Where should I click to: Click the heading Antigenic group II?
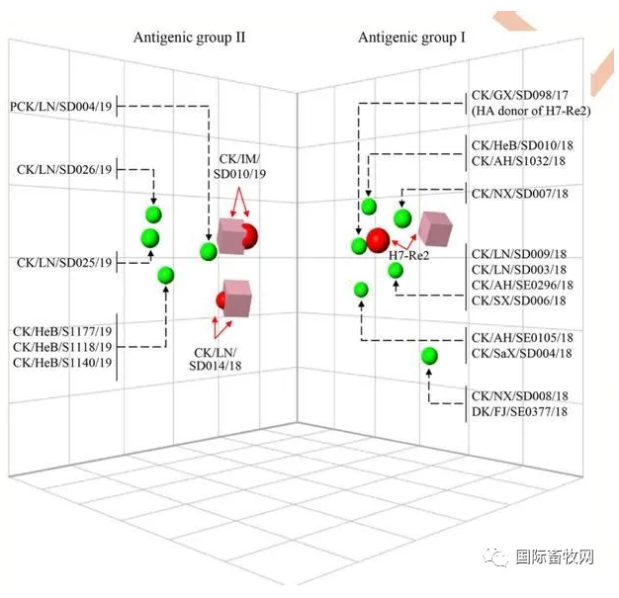point(189,38)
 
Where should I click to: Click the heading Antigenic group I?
point(412,38)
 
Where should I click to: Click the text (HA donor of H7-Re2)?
point(531,111)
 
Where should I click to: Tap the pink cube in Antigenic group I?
point(435,228)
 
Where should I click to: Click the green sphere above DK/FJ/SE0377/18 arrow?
point(429,356)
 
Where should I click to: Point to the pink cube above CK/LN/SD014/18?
point(237,298)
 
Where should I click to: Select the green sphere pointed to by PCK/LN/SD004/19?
point(208,251)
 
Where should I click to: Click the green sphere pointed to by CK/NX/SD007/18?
point(401,217)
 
